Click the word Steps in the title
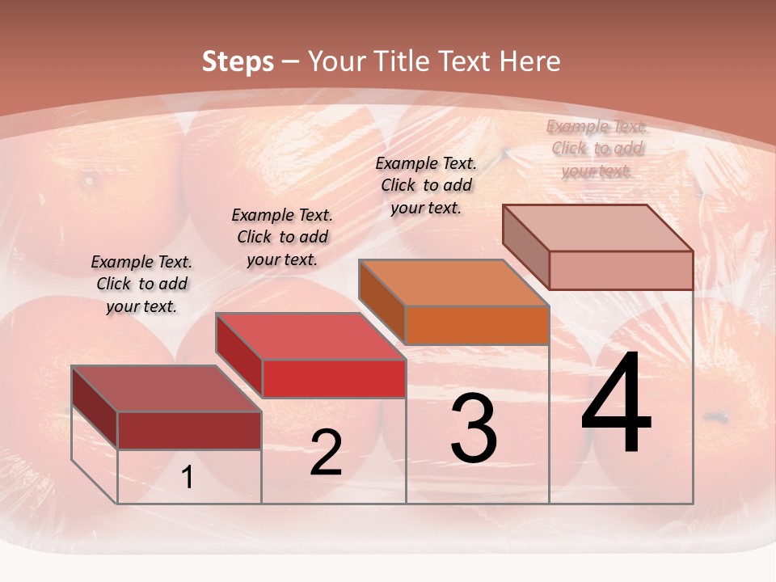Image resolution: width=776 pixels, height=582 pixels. click(x=238, y=61)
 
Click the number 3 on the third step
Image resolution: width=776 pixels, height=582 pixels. click(x=474, y=428)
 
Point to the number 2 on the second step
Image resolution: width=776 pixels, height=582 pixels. click(x=326, y=453)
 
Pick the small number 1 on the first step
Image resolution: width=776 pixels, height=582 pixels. click(x=188, y=478)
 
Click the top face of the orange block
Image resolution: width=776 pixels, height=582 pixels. click(x=453, y=284)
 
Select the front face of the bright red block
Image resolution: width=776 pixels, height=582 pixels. click(x=334, y=378)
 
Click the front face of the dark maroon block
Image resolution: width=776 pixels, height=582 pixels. click(x=189, y=430)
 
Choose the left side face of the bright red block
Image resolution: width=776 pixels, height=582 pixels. click(x=239, y=356)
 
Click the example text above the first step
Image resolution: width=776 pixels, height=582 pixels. click(x=141, y=284)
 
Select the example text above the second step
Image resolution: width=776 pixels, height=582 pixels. click(x=282, y=237)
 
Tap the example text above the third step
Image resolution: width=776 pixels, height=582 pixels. click(x=426, y=185)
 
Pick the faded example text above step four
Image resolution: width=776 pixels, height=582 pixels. click(x=597, y=148)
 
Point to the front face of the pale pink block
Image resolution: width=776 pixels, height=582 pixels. click(x=621, y=270)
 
